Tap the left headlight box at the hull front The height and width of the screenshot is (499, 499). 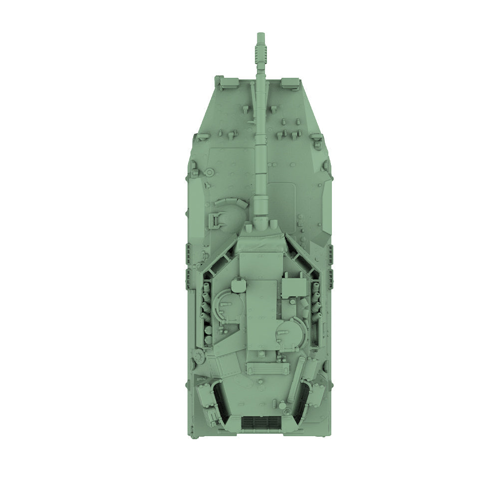point(220,81)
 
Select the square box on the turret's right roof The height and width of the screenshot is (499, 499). point(292,287)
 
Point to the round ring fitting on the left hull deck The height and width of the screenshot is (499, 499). point(210,172)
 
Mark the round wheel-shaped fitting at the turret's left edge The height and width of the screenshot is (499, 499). point(199,356)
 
